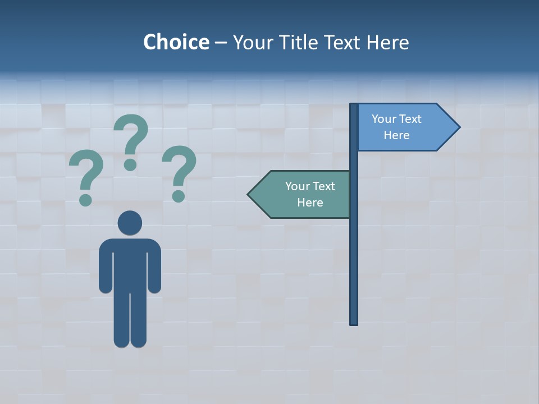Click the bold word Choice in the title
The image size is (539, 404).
(176, 42)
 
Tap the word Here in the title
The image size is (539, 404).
(388, 42)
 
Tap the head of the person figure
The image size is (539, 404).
(130, 223)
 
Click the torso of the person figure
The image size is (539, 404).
(130, 264)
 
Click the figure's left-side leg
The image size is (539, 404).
(122, 320)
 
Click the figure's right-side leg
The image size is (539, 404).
(139, 320)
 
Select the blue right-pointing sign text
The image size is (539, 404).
(396, 127)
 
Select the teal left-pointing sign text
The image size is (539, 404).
(309, 194)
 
